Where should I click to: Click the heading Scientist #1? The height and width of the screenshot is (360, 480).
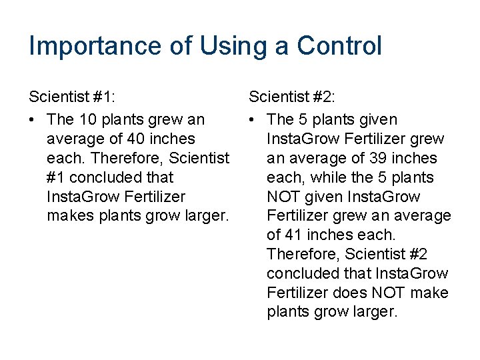[x=73, y=98]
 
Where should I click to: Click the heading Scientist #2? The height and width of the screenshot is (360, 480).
[x=293, y=98]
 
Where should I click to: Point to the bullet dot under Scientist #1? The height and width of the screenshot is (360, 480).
[x=33, y=120]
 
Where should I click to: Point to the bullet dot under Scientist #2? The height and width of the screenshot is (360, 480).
[x=253, y=120]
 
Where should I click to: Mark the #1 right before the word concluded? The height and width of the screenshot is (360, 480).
[x=56, y=178]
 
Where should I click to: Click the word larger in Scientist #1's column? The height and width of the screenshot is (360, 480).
[x=204, y=216]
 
